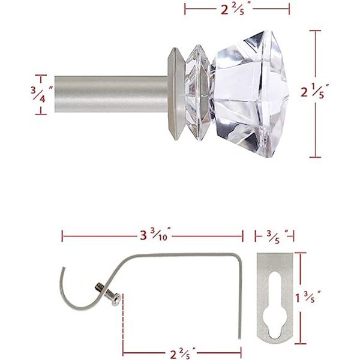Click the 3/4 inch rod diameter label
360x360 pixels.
point(42,94)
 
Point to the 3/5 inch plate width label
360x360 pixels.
point(277,236)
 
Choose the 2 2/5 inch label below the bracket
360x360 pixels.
point(183,353)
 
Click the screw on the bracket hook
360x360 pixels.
point(107,295)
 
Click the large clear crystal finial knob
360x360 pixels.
point(250,95)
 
